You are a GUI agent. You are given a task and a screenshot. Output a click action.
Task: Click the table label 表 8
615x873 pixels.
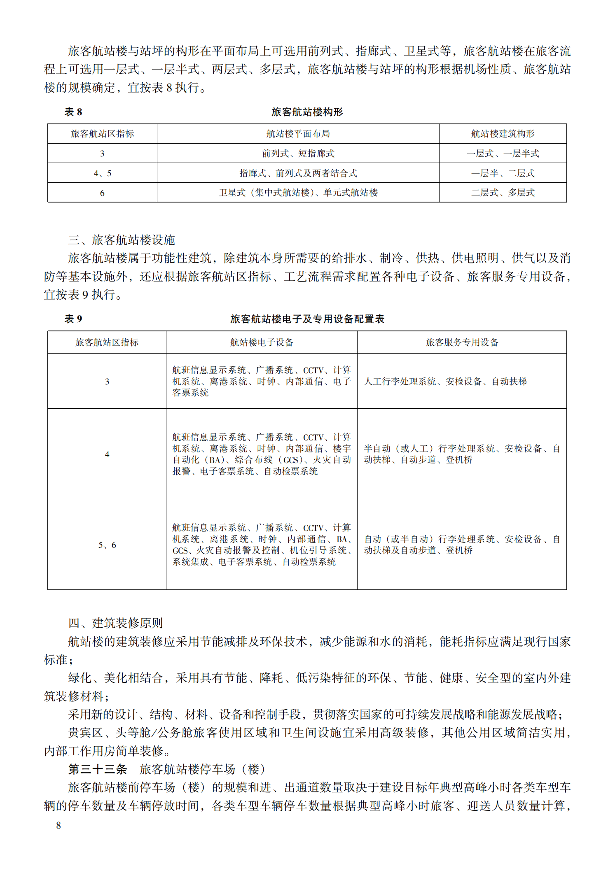(73, 112)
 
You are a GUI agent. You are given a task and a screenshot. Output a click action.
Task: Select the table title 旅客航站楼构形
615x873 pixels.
(307, 112)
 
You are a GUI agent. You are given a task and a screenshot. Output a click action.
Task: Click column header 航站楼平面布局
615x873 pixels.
(298, 134)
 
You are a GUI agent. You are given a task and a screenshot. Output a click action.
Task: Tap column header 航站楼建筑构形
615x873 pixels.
(503, 134)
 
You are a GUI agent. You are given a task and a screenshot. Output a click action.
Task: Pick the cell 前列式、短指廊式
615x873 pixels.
(298, 154)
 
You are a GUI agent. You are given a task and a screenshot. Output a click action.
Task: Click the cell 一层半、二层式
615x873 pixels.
(503, 173)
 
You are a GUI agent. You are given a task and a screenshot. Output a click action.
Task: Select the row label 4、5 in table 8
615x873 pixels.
(102, 173)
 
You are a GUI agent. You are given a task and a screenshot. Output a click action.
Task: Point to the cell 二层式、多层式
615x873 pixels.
(503, 193)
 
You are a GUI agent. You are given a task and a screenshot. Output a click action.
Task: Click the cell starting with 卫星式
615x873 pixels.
(298, 193)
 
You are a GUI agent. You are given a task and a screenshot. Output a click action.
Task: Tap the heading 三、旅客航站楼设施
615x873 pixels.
(122, 240)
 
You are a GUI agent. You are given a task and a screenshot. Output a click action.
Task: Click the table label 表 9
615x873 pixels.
(73, 319)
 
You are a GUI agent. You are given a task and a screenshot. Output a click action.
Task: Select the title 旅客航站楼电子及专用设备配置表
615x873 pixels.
(307, 319)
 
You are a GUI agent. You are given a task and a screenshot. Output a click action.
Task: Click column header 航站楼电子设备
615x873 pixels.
(261, 342)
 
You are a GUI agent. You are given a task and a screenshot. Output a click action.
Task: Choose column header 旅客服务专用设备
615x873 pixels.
(462, 342)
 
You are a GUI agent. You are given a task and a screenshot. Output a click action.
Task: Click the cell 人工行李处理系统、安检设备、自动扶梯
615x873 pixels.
(445, 382)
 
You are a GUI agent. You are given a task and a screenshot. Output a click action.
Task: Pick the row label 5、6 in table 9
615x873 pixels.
(107, 545)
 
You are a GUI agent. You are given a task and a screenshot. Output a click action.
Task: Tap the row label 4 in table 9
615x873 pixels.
(107, 454)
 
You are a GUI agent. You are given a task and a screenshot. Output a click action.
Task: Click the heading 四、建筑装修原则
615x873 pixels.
(116, 623)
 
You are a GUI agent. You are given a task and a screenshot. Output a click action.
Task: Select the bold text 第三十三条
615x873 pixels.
(98, 769)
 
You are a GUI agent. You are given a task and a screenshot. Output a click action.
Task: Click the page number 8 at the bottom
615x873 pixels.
(58, 825)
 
